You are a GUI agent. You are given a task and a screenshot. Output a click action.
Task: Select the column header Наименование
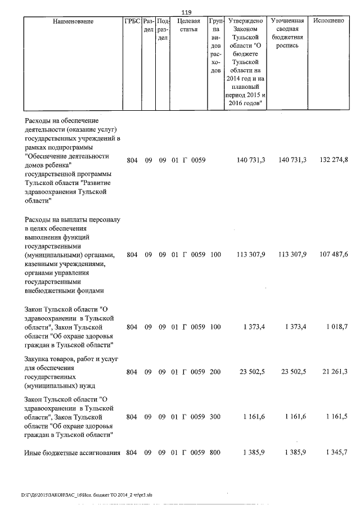[x=73, y=21]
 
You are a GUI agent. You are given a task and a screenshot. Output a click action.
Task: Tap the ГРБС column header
[x=132, y=21]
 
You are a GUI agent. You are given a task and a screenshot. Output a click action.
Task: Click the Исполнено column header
[x=330, y=21]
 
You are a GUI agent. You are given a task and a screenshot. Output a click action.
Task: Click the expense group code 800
[x=215, y=453]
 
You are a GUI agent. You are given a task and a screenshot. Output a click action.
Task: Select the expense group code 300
[x=215, y=417]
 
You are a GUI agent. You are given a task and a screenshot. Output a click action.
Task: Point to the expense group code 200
[x=215, y=372]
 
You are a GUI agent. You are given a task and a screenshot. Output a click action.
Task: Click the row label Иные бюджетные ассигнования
[x=73, y=453]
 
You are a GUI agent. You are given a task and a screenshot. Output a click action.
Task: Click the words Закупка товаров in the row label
[x=48, y=358]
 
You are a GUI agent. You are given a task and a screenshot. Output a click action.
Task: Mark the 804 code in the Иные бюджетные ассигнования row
[x=132, y=453]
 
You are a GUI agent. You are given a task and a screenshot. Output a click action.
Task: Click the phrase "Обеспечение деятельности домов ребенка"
[x=67, y=160]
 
